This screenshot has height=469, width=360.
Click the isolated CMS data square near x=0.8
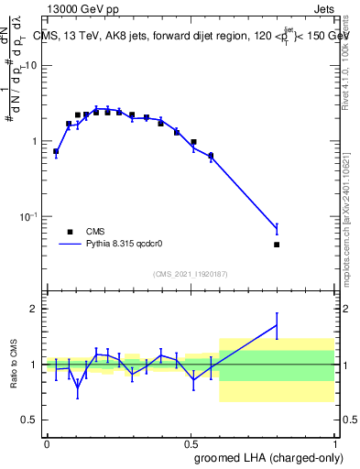pyautogui.click(x=277, y=245)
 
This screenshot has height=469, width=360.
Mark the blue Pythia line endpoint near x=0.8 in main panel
pyautogui.click(x=277, y=228)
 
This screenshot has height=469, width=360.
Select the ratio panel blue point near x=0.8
pyautogui.click(x=277, y=324)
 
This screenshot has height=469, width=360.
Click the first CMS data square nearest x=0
pyautogui.click(x=56, y=151)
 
